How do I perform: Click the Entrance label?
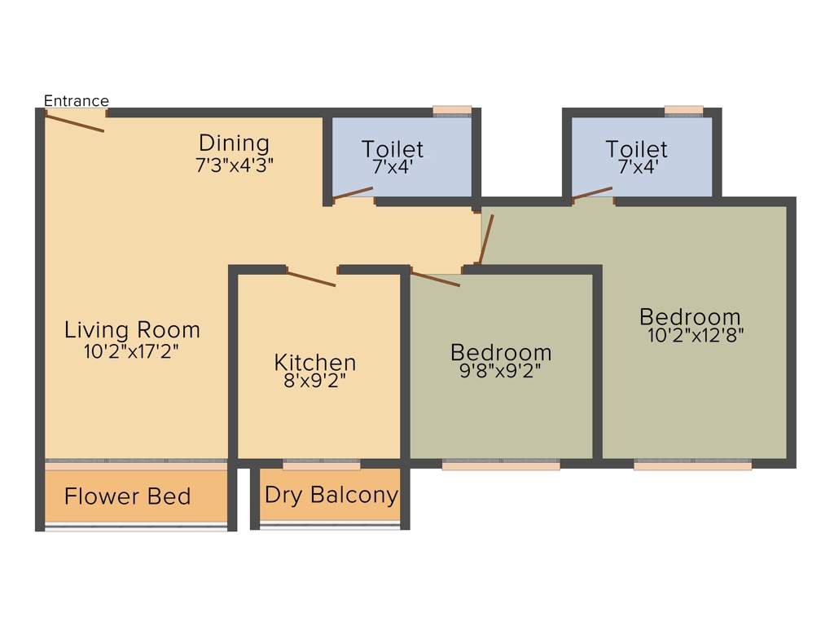[76, 101]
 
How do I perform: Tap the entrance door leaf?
[74, 123]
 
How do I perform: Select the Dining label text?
[234, 143]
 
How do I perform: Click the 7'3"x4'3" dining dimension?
[234, 163]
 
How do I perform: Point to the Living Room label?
[132, 330]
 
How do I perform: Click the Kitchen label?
[314, 362]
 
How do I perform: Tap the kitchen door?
[311, 278]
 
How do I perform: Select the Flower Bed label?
[127, 496]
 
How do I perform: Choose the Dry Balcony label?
[331, 495]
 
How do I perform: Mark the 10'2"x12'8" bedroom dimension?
[696, 333]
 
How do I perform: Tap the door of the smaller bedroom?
[435, 280]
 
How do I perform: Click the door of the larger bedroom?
[486, 239]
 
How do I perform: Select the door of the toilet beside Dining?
[353, 193]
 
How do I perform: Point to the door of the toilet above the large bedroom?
[592, 192]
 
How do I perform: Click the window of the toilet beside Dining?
[452, 111]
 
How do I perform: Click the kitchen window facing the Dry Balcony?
[322, 465]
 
